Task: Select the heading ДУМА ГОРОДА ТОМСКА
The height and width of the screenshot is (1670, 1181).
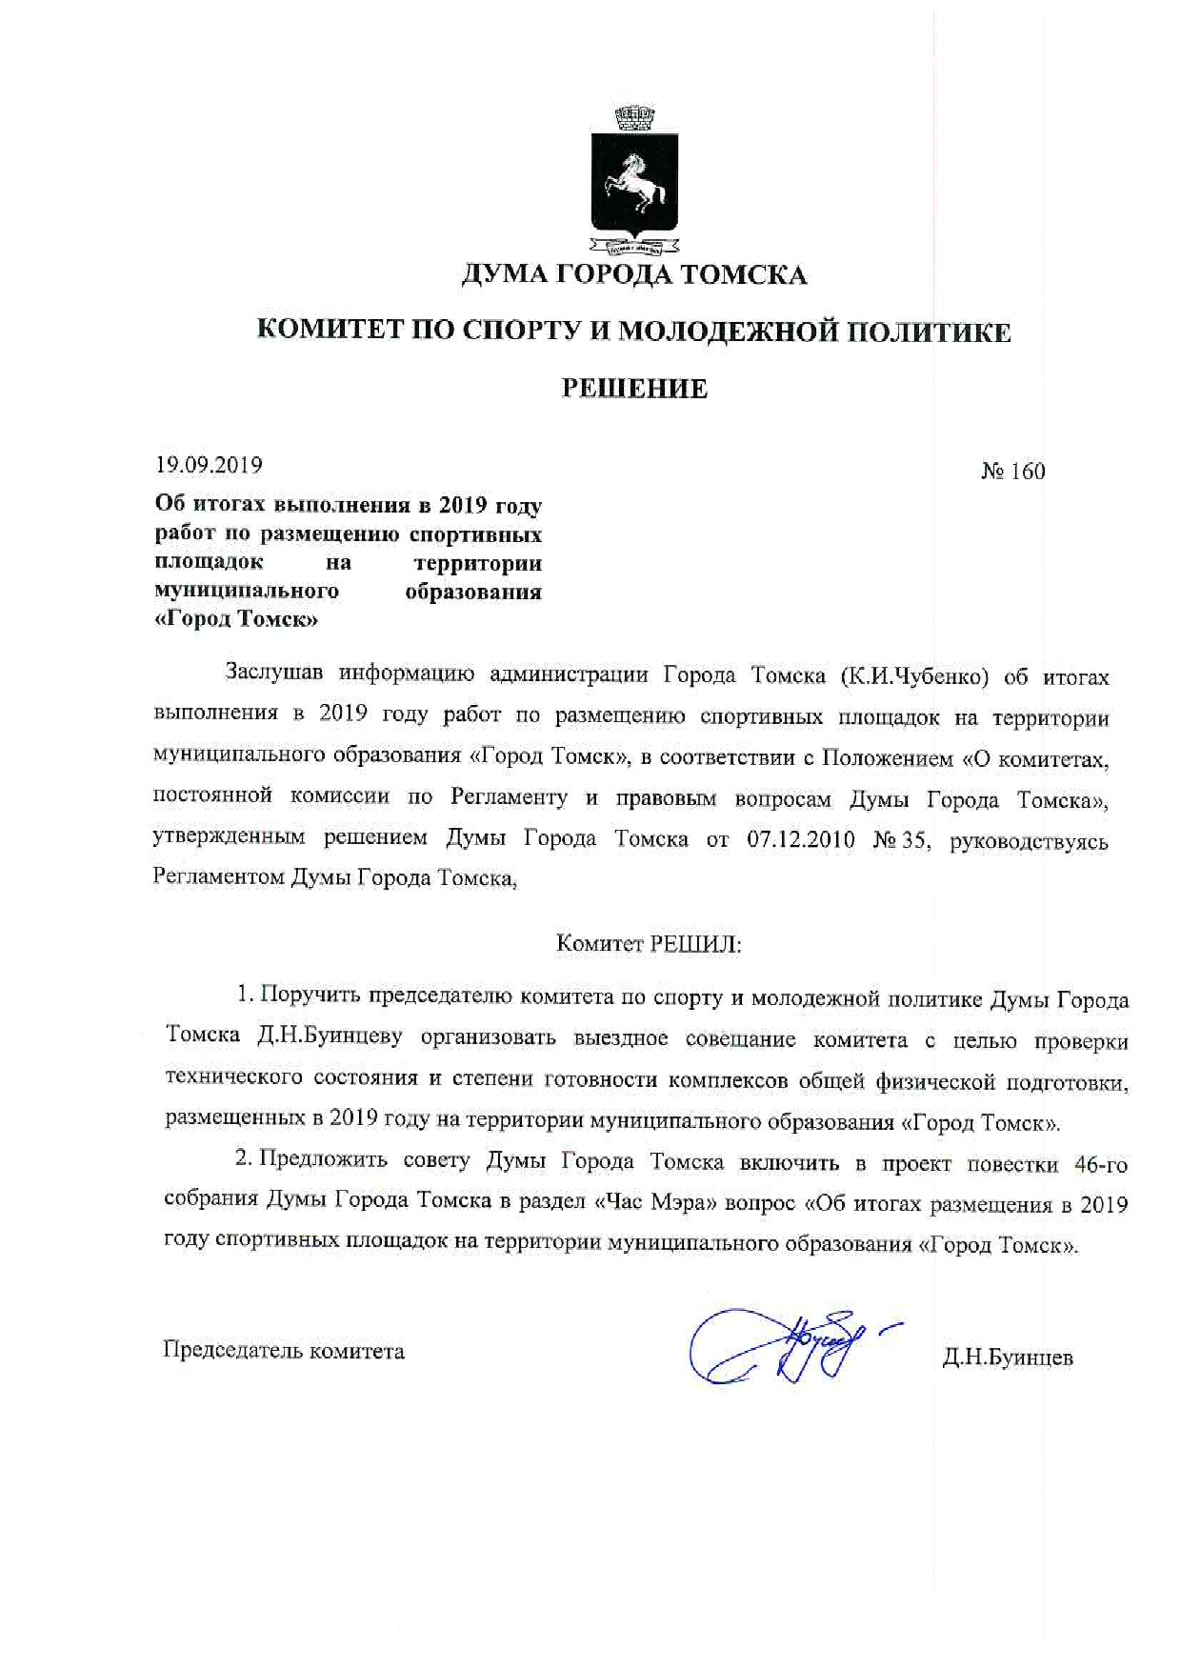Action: (634, 275)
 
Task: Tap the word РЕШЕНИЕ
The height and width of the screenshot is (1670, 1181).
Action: (634, 388)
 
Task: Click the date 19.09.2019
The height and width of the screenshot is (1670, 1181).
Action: (209, 466)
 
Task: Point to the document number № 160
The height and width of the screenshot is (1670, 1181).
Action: (1012, 472)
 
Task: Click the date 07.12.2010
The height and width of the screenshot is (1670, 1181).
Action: (801, 840)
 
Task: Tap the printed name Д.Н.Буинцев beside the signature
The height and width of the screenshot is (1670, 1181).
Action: (1007, 1358)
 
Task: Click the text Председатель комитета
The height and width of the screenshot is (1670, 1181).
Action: (284, 1351)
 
